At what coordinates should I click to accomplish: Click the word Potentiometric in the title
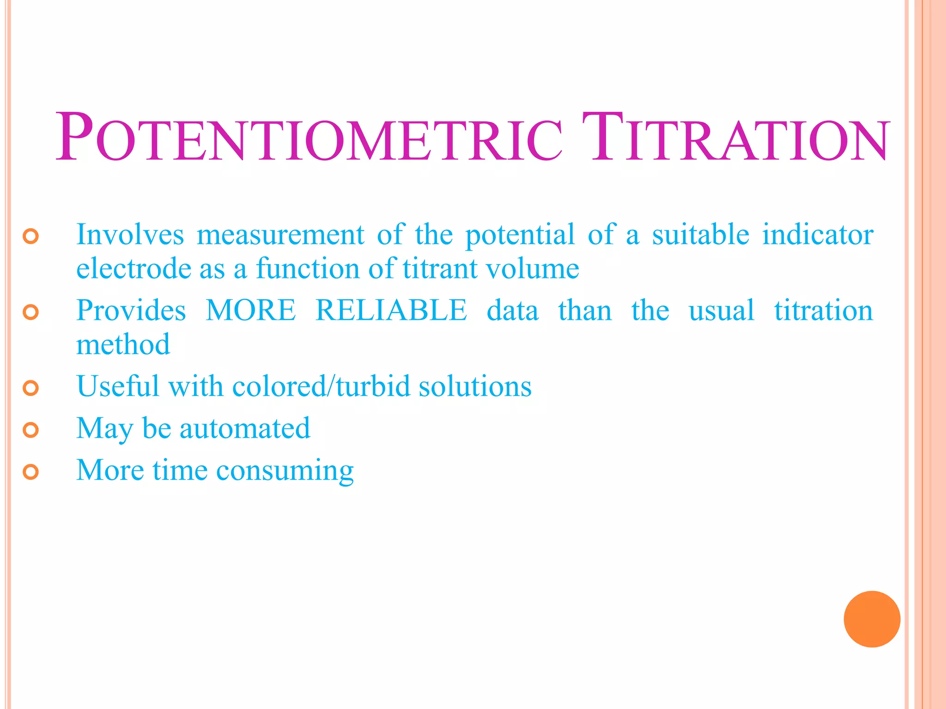309,138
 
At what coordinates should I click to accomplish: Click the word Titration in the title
734,138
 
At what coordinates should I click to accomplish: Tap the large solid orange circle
872,619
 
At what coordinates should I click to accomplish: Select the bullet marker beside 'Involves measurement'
30,236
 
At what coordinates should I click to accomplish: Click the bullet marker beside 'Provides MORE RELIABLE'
30,312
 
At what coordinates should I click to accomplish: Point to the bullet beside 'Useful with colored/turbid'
30,388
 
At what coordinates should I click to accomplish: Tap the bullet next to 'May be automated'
30,430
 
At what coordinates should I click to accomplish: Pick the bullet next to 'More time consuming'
30,472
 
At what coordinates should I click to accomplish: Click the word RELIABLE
391,310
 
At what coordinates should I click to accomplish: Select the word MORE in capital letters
251,310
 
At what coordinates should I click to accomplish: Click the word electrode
133,268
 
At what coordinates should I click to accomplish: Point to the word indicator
818,234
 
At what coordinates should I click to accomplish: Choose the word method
123,344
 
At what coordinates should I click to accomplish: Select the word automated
245,428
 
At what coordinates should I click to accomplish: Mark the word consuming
285,471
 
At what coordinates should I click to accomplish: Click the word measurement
280,234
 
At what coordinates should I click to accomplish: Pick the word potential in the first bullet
520,234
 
